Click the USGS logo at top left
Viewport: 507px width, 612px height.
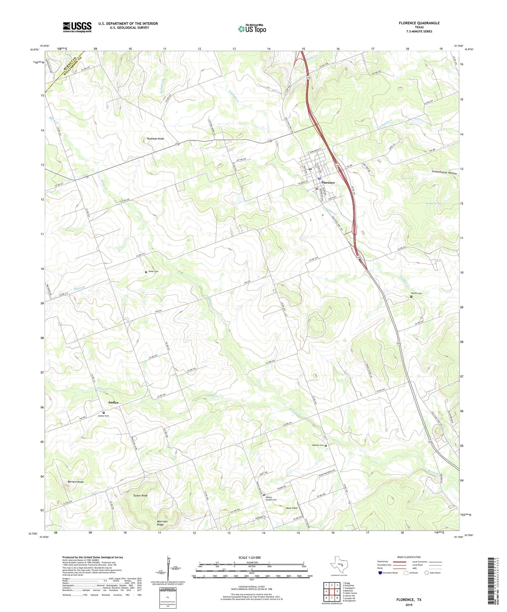pyautogui.click(x=77, y=27)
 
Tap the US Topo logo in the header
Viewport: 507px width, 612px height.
pyautogui.click(x=252, y=29)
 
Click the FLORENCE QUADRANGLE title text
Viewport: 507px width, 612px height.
pyautogui.click(x=419, y=23)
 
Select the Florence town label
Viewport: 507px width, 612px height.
pyautogui.click(x=328, y=183)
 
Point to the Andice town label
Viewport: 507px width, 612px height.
pyautogui.click(x=113, y=403)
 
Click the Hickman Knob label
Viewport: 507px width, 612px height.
pyautogui.click(x=155, y=139)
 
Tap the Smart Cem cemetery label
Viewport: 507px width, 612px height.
pyautogui.click(x=153, y=271)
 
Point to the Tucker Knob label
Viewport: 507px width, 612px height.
pyautogui.click(x=140, y=496)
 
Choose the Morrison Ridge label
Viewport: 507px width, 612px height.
pyautogui.click(x=162, y=523)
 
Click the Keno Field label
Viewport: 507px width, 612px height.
pyautogui.click(x=292, y=508)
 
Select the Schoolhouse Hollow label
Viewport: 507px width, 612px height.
pyautogui.click(x=444, y=173)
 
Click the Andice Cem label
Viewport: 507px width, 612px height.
pyautogui.click(x=103, y=416)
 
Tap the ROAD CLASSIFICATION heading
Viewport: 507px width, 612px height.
pyautogui.click(x=409, y=557)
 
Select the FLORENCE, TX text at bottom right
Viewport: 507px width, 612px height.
pyautogui.click(x=409, y=600)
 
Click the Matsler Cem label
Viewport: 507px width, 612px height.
pyautogui.click(x=317, y=446)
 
